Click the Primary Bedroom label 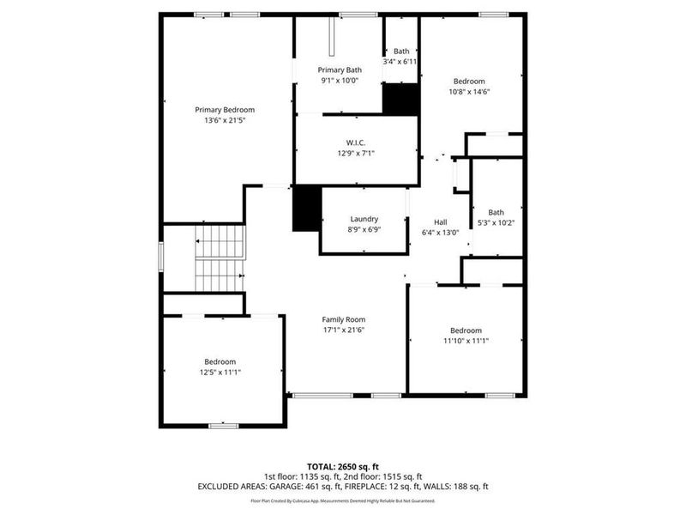tap(225, 110)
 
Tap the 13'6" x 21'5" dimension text tap(225, 121)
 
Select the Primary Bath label tap(340, 70)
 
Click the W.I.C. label tap(357, 142)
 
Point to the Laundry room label tap(364, 219)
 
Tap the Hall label tap(441, 221)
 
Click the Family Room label tap(344, 319)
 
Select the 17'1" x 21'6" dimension tap(344, 330)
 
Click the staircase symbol tap(220, 258)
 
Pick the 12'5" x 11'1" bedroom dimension tap(220, 373)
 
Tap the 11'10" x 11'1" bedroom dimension tap(466, 341)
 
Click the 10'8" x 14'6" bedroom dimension tap(469, 92)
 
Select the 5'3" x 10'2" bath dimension tap(496, 223)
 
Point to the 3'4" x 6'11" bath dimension tap(400, 62)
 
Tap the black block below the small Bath tap(400, 100)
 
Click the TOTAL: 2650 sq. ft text tap(343, 465)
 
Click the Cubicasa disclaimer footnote tap(343, 500)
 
